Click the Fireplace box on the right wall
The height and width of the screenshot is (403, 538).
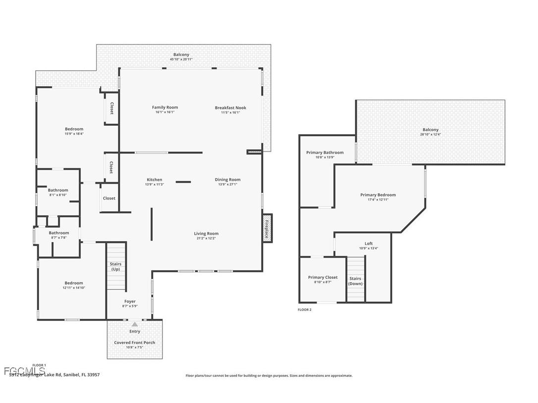point(267,229)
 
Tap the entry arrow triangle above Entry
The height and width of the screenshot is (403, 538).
point(134,324)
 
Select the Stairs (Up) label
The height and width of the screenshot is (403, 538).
point(115,266)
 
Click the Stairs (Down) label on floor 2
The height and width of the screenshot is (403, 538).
point(355,281)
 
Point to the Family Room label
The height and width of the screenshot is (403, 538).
point(165,107)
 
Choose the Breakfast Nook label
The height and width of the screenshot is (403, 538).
point(230,108)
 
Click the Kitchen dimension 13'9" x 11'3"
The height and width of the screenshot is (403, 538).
point(154,185)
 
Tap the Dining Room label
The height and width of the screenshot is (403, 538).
point(227,180)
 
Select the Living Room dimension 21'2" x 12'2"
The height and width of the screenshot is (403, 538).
point(206,238)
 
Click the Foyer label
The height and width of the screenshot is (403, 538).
point(130,302)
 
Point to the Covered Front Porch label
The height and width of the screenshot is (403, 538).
point(134,343)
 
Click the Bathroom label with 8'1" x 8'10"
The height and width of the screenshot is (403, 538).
point(58,190)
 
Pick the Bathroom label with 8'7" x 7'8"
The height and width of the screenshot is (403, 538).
point(58,233)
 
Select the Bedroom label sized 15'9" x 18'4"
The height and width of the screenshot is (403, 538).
point(74,129)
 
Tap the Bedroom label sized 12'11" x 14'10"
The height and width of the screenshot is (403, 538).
point(74,283)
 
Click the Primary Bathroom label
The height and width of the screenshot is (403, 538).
point(324,152)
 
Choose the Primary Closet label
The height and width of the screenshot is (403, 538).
point(323,277)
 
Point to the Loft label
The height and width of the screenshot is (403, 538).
point(369,244)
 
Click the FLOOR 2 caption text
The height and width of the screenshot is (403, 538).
point(305,309)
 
